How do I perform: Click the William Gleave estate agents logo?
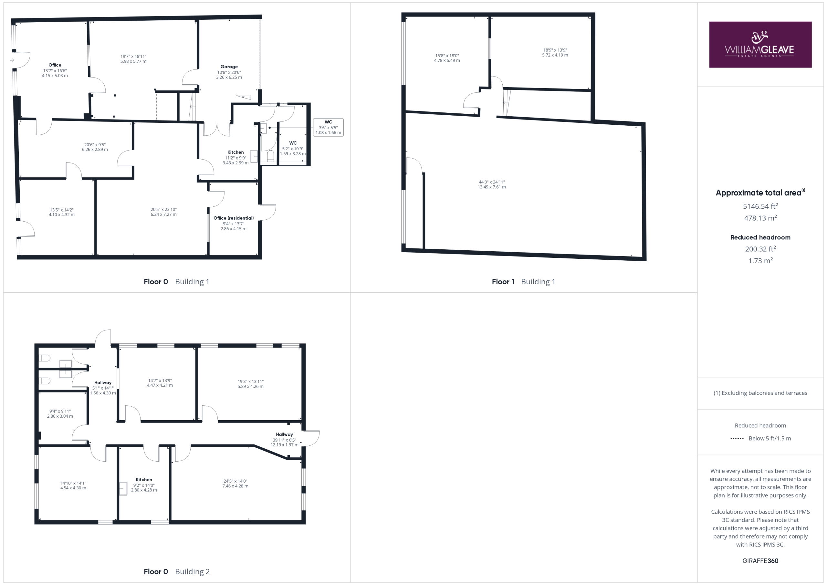tap(760, 45)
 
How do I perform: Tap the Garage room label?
tap(229, 67)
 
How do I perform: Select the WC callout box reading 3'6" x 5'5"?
tap(328, 128)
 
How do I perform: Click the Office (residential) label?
tap(234, 218)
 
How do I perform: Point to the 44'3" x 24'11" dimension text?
tap(492, 182)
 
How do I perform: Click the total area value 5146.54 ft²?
tap(760, 206)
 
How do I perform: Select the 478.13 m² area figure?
tap(760, 218)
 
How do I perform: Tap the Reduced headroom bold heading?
tap(760, 237)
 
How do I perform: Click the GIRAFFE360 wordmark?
tap(760, 560)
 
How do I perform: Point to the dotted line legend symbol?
tap(737, 438)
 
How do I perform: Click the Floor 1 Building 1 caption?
tap(523, 282)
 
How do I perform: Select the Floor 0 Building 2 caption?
tap(176, 571)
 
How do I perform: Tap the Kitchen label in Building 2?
tap(144, 479)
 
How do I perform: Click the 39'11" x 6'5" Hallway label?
tap(284, 439)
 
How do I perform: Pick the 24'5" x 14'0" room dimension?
tap(235, 481)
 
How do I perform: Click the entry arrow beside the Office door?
tap(12, 60)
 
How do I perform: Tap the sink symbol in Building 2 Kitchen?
tap(123, 489)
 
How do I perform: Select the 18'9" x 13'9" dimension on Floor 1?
tap(555, 50)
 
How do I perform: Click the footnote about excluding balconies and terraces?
tap(760, 393)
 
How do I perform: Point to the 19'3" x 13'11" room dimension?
tap(250, 381)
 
